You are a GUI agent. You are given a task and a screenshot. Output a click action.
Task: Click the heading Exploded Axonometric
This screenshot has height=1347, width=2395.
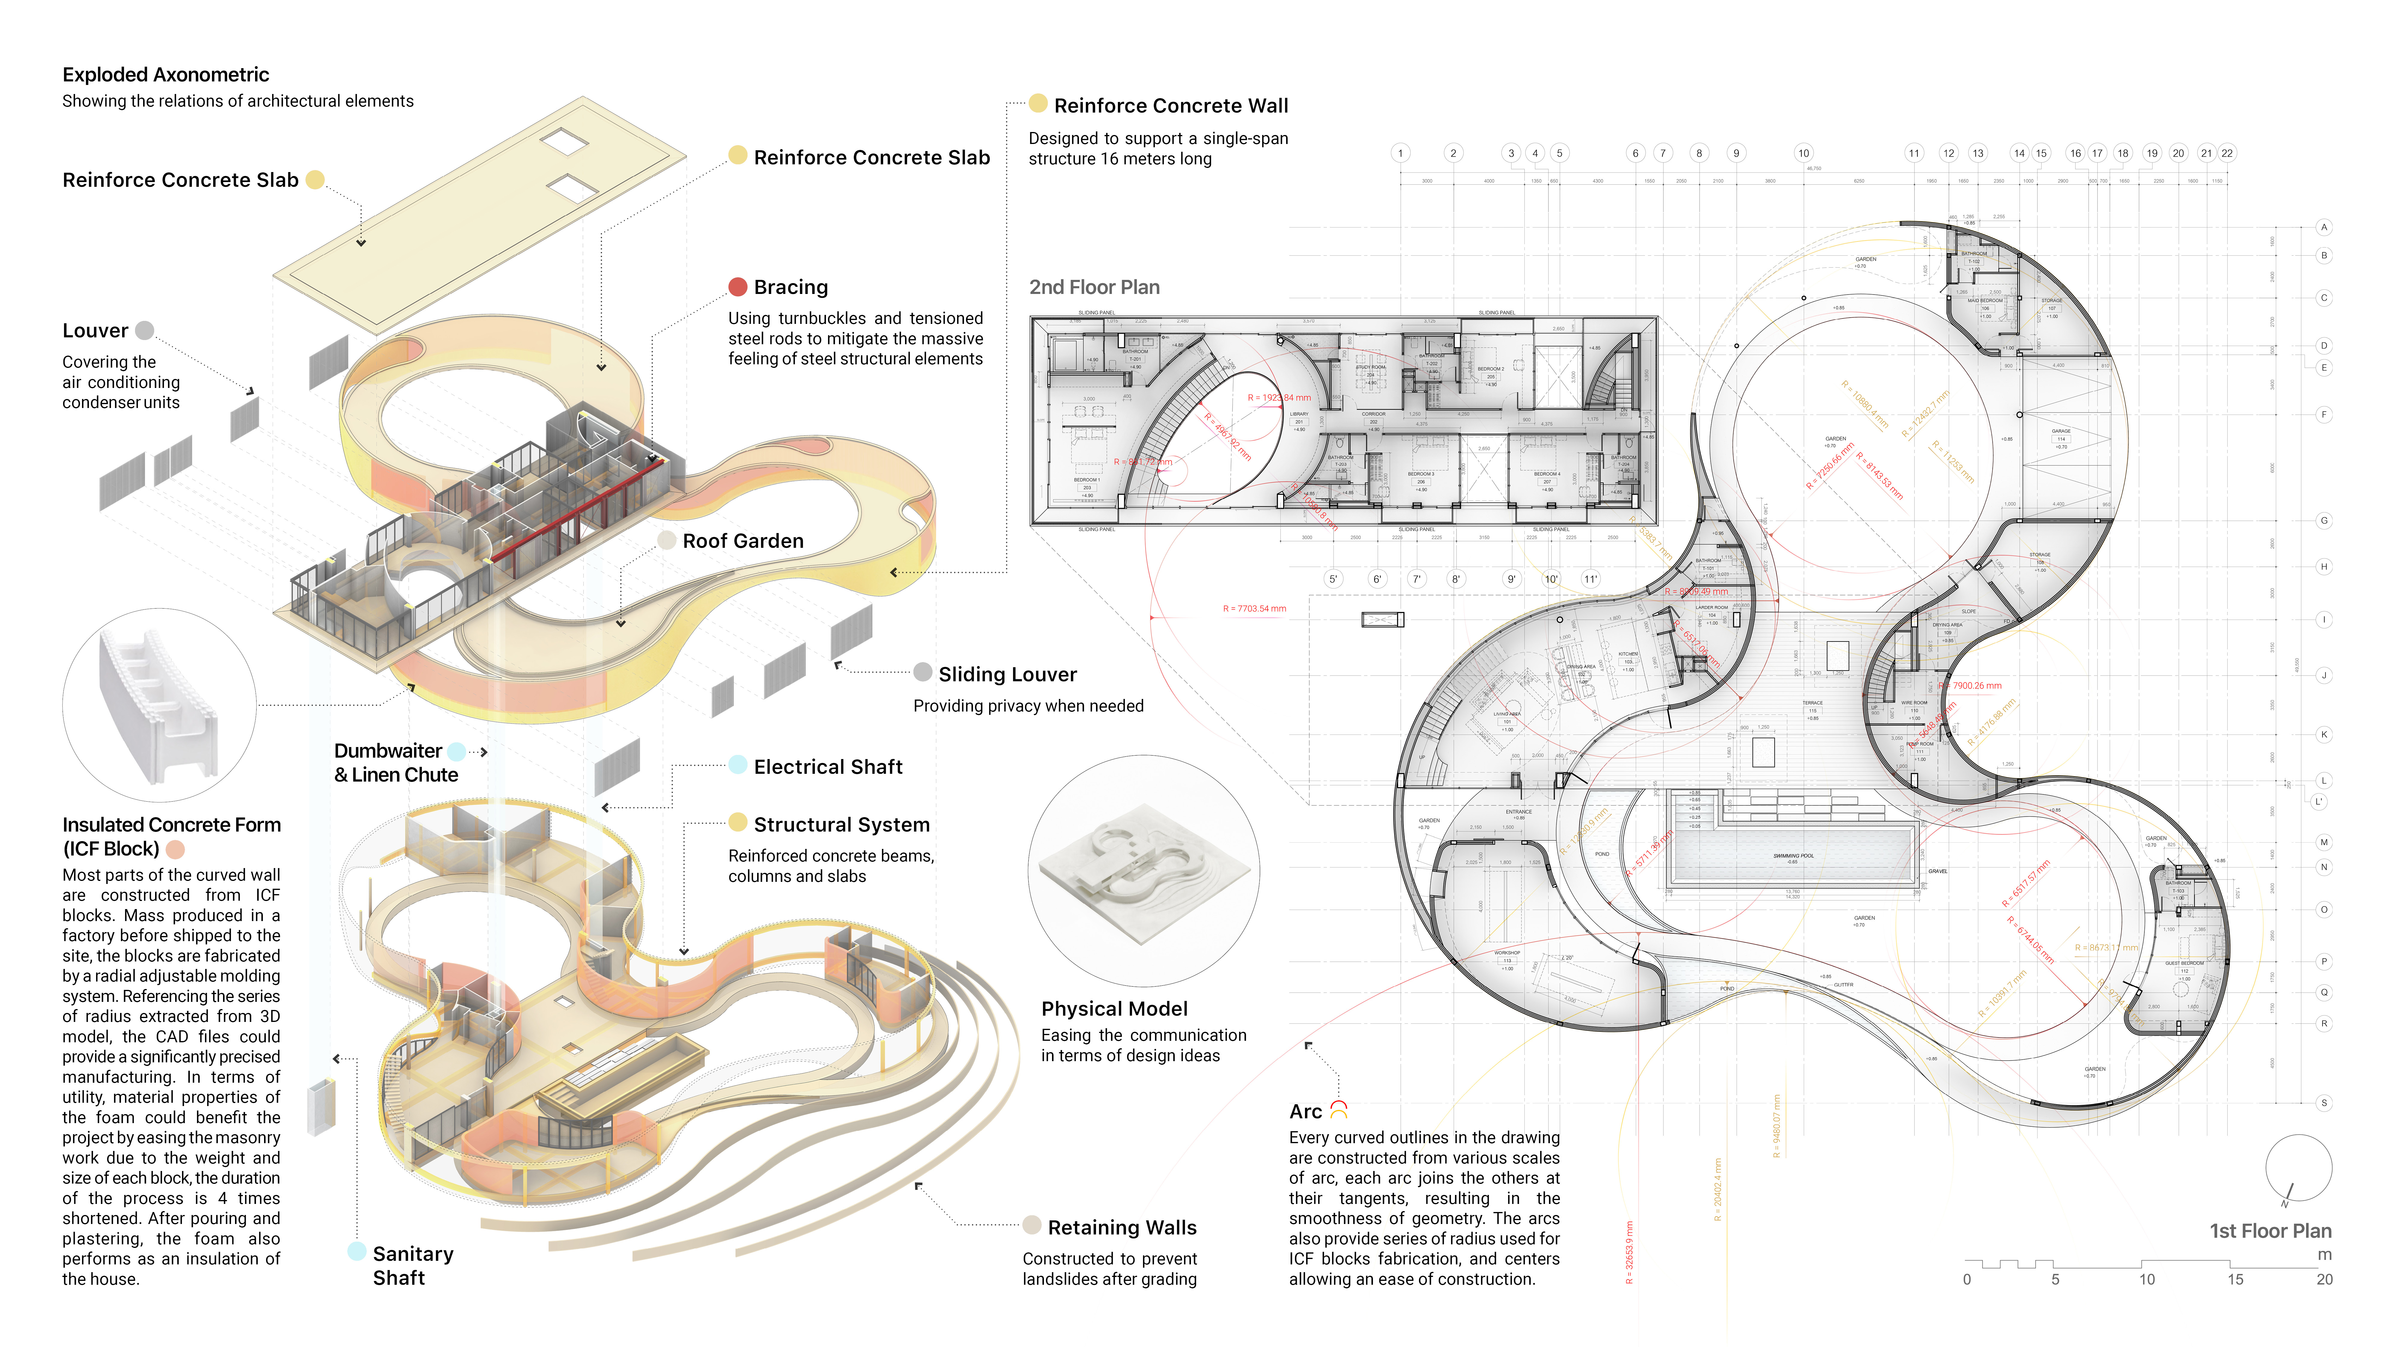click(x=166, y=74)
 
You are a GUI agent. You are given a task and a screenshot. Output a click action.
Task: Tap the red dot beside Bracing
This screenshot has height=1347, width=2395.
click(x=737, y=286)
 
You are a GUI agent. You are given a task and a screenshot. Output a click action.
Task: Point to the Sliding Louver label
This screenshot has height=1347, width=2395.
click(x=1007, y=674)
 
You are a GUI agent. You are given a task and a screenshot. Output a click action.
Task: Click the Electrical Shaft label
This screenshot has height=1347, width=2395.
click(x=827, y=767)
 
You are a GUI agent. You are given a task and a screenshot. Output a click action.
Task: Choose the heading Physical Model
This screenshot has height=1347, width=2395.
click(x=1114, y=1009)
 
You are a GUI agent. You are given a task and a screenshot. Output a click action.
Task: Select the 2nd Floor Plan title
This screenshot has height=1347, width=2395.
click(x=1094, y=287)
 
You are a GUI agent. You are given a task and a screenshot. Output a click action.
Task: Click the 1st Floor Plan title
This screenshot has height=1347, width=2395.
click(x=2270, y=1231)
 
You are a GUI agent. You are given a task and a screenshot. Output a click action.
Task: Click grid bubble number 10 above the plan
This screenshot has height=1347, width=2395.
click(x=1803, y=153)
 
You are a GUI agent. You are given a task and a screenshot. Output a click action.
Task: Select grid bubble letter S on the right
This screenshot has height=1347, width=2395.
click(x=2323, y=1102)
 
